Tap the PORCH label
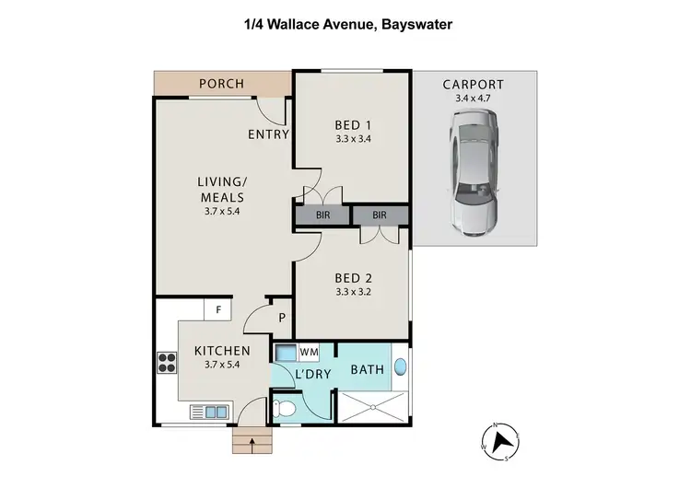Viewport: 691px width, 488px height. pos(221,84)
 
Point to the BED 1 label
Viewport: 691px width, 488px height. pos(351,126)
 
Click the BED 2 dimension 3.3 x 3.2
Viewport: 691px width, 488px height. pos(351,292)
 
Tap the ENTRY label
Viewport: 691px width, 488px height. pos(268,134)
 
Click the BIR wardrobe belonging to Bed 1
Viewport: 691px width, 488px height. pos(322,215)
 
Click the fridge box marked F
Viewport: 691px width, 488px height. pos(217,309)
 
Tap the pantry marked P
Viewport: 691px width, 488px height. pos(281,318)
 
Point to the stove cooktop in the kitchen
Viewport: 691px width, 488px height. pos(167,363)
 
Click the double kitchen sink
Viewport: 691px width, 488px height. pos(208,412)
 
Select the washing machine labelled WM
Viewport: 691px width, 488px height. pos(286,353)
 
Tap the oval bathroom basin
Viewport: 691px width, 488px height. pos(399,367)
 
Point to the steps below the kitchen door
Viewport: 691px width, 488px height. pos(253,443)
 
